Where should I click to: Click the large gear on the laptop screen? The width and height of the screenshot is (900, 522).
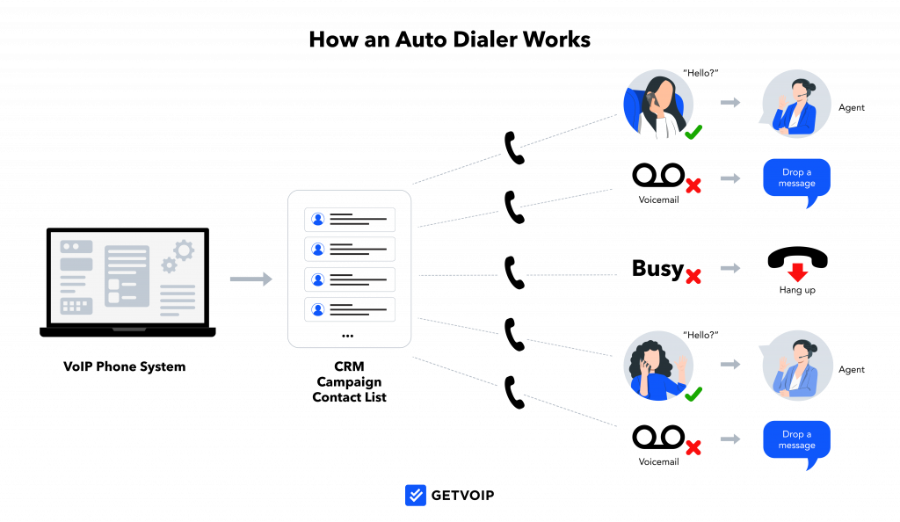184,250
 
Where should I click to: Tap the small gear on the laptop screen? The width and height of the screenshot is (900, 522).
169,265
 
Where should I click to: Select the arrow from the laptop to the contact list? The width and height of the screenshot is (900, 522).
250,279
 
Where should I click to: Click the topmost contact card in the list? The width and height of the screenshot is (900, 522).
350,220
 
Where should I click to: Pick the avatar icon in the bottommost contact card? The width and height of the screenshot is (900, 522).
318,309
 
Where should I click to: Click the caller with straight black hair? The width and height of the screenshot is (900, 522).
658,104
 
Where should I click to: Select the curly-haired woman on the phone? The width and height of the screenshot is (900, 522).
658,366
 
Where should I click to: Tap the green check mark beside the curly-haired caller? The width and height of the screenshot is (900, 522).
693,393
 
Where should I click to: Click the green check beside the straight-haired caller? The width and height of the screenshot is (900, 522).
693,132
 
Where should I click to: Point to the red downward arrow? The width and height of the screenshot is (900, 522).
797,272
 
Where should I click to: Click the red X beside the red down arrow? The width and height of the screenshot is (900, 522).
693,276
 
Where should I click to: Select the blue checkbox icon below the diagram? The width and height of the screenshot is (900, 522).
416,496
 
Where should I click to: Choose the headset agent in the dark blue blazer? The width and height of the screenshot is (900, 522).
796,104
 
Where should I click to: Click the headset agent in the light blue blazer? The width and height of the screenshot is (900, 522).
797,366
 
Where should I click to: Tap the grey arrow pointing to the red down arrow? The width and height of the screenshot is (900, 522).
730,267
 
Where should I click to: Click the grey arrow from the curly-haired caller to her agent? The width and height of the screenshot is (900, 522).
730,364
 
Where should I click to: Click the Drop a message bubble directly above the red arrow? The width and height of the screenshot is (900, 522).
796,178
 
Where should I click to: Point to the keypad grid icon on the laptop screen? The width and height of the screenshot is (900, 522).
76,306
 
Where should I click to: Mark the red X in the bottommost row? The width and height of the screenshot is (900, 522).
693,447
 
